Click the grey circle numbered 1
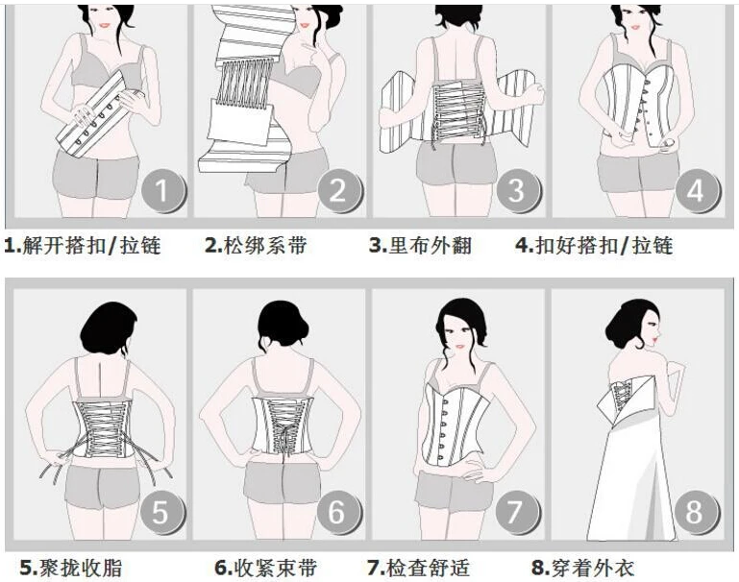162,190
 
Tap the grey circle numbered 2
338,190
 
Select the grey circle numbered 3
517,190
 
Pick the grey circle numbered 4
696,190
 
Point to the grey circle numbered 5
160,511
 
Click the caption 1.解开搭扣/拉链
83,245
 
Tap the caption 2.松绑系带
256,245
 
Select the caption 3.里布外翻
420,245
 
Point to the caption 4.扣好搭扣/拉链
594,245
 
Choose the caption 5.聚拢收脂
71,568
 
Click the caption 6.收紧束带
266,568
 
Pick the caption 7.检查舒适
419,568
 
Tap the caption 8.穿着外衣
582,568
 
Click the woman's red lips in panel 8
655,339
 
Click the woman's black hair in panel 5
109,328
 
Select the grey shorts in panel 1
96,174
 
